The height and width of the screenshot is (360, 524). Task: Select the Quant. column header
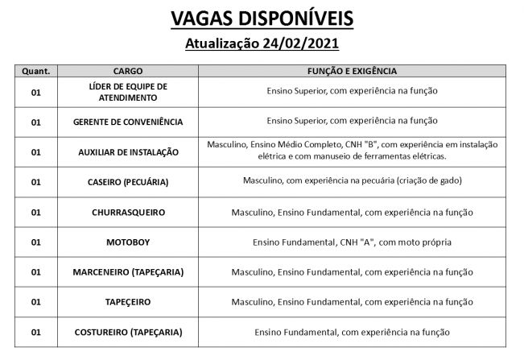pos(35,71)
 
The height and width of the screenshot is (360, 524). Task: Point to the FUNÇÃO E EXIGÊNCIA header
pos(352,71)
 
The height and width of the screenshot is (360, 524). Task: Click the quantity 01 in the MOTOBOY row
pos(35,242)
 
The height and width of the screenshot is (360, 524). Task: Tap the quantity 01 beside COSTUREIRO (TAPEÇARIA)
pos(35,331)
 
